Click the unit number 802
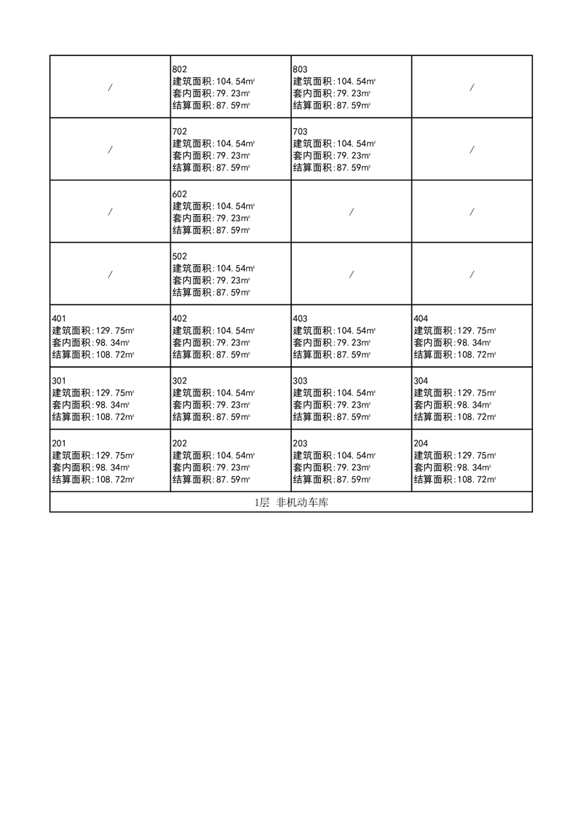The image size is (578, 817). tap(180, 70)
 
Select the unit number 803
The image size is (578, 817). tap(301, 70)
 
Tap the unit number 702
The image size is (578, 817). tap(180, 132)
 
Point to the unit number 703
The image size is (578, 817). tap(301, 132)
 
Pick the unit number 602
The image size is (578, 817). tap(180, 194)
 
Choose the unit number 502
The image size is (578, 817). tap(180, 256)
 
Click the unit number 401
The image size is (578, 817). tap(59, 319)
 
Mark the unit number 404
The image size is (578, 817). tap(421, 319)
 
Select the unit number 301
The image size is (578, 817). tap(59, 381)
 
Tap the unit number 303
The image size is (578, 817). tap(301, 381)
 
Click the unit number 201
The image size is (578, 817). tap(59, 443)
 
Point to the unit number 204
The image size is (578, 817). tap(421, 443)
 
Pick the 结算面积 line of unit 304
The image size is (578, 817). tap(455, 417)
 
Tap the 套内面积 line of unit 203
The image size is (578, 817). tap(332, 467)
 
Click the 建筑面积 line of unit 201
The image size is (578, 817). tap(93, 455)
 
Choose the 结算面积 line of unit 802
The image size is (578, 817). tap(211, 106)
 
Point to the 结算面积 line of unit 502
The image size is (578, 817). tap(211, 293)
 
